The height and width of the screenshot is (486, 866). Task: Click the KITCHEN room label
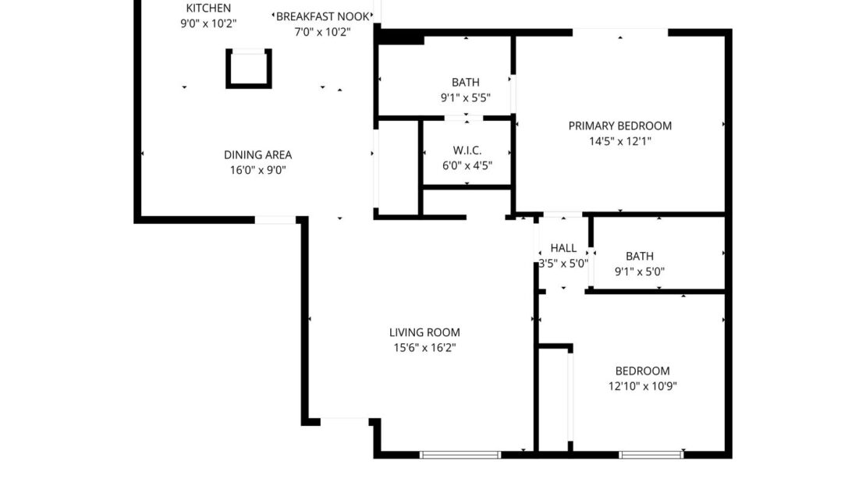[208, 9]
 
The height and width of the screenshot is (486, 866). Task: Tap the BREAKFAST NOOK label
[322, 16]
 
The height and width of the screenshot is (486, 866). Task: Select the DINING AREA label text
[257, 154]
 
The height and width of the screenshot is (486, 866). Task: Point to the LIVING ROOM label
[425, 332]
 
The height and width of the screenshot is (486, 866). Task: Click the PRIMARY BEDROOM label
[619, 126]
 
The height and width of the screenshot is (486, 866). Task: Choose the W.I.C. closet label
[467, 150]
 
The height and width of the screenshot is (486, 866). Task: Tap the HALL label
[563, 248]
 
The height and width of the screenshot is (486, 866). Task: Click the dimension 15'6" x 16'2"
[425, 348]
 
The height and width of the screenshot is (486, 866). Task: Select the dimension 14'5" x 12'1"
[619, 141]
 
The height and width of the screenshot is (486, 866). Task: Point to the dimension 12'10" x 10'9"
[642, 386]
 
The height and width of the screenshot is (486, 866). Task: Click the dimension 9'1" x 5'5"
[466, 98]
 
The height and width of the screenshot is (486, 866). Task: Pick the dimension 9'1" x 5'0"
[640, 272]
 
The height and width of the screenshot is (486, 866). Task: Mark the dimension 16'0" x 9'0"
[257, 170]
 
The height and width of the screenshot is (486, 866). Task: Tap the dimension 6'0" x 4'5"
[467, 165]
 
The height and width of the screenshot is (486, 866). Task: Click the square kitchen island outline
[250, 69]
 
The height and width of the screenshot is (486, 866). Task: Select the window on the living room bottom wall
[460, 454]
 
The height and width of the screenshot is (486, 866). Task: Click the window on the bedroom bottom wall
[651, 454]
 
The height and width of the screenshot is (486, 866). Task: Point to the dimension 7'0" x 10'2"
[322, 32]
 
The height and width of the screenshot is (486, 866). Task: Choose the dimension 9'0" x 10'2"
[208, 23]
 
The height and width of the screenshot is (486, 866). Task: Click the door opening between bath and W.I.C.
[467, 119]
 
